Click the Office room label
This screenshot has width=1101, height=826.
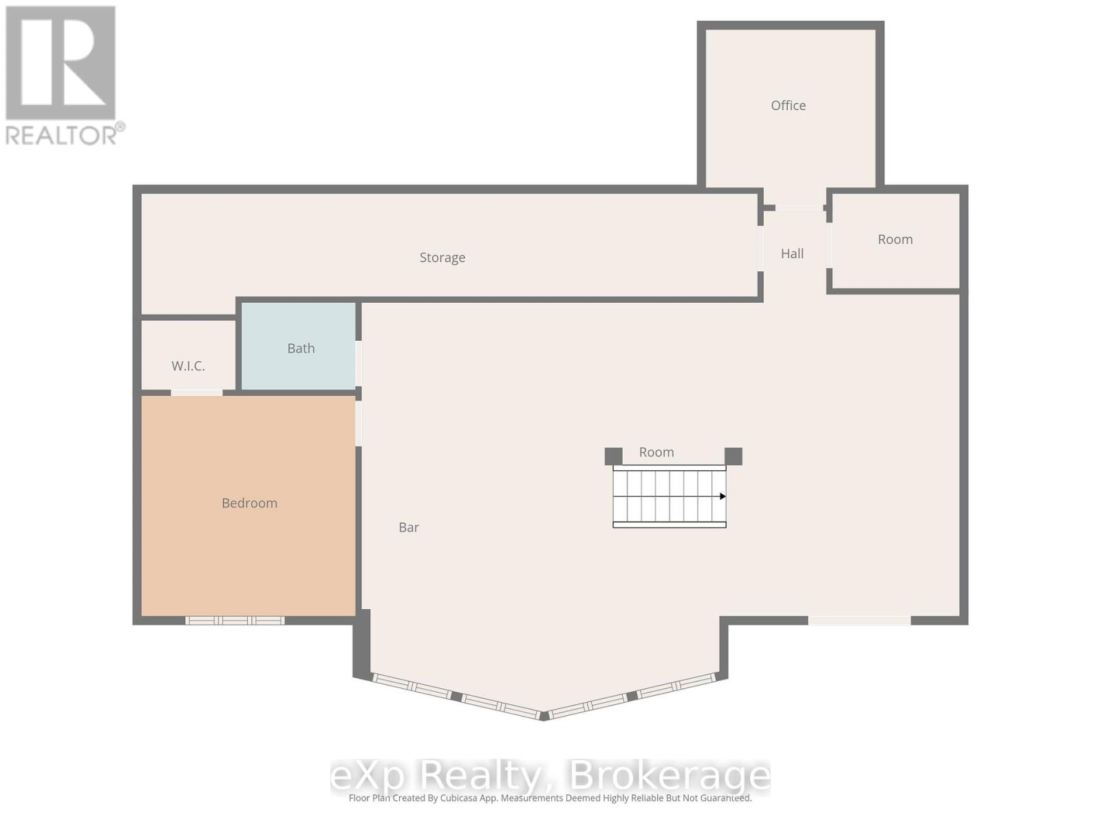tap(788, 105)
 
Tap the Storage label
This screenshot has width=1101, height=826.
tap(442, 257)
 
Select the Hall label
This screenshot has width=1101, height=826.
tap(792, 254)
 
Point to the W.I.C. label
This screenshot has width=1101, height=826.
tap(188, 366)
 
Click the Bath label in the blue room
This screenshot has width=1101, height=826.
tap(301, 348)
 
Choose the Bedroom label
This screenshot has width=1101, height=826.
tap(249, 503)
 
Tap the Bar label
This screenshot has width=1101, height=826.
tap(409, 527)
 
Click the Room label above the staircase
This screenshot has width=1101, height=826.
tap(656, 452)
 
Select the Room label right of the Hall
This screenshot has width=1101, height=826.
tap(895, 240)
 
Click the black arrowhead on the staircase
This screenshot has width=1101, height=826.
tap(722, 496)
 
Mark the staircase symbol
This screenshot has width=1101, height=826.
tap(669, 496)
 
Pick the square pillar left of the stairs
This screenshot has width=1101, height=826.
tap(613, 456)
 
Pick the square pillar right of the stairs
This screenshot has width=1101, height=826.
tap(734, 456)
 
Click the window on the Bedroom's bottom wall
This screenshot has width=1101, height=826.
tap(235, 620)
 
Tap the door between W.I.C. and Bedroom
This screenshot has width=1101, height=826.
tap(197, 392)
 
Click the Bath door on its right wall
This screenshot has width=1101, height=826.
tap(359, 363)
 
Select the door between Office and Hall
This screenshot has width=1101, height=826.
tap(799, 207)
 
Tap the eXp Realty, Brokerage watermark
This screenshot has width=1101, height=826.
tap(550, 776)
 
